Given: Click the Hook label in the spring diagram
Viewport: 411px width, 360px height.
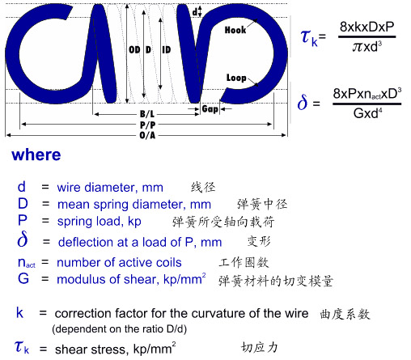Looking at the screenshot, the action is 235,30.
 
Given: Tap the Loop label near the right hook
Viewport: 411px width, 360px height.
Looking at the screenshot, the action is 236,78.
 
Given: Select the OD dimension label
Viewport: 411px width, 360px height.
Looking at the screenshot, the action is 134,50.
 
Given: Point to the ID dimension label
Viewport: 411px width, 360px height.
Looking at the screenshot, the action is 167,50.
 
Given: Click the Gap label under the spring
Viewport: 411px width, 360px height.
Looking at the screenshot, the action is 210,109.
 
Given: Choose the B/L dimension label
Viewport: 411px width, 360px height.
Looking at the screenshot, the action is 147,114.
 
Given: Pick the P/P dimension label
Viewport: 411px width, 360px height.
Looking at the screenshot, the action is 147,125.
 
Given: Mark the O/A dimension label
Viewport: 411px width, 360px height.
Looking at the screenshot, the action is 147,135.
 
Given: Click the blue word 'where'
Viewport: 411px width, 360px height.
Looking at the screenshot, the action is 36,155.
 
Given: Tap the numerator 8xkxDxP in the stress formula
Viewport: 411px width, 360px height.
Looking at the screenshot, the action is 367,27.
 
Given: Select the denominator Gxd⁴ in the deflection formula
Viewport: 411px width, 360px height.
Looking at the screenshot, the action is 367,113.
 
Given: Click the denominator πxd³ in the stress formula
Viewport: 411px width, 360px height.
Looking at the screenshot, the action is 367,47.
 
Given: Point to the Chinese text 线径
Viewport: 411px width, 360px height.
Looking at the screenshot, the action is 203,187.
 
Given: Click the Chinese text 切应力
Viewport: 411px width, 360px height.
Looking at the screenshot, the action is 259,347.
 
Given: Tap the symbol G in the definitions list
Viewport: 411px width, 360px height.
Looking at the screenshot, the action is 23,278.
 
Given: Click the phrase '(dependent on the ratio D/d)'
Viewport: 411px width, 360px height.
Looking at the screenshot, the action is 119,329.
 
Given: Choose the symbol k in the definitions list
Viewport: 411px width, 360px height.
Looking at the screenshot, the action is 19,313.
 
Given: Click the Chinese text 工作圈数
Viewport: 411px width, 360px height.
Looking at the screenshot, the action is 244,262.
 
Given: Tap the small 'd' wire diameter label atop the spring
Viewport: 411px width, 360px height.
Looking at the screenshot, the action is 194,12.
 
